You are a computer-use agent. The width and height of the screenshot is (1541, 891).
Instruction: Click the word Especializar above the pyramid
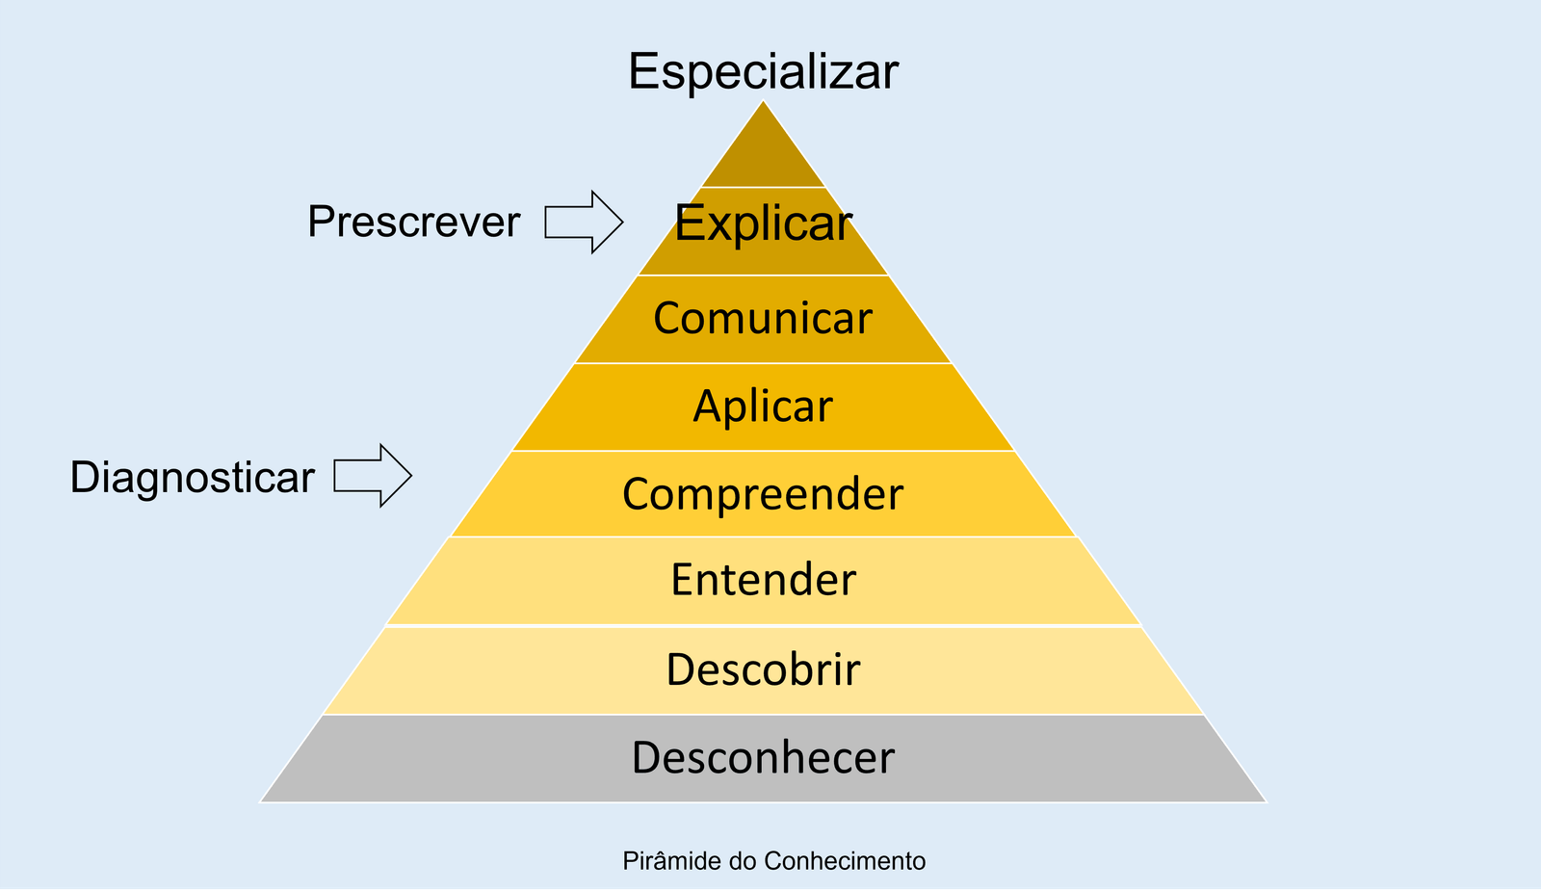pyautogui.click(x=763, y=71)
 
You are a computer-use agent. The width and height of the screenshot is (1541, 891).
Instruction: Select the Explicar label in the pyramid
pyautogui.click(x=763, y=223)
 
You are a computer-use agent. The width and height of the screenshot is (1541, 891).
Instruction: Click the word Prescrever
pyautogui.click(x=414, y=223)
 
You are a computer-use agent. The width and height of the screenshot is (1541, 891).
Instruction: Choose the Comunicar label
pyautogui.click(x=763, y=319)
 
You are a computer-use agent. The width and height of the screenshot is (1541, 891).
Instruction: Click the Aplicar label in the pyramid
pyautogui.click(x=763, y=406)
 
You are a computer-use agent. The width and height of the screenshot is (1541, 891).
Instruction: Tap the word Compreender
pyautogui.click(x=763, y=494)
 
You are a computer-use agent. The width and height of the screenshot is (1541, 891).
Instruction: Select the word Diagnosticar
pyautogui.click(x=193, y=478)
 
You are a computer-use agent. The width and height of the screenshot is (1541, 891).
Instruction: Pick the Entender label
pyautogui.click(x=763, y=580)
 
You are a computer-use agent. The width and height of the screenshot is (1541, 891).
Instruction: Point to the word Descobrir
pyautogui.click(x=763, y=669)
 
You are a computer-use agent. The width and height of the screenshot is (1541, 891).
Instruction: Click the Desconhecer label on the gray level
pyautogui.click(x=763, y=758)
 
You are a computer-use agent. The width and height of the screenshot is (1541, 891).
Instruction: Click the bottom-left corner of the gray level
pyautogui.click(x=263, y=800)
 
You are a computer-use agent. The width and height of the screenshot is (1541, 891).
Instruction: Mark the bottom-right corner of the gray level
pyautogui.click(x=1264, y=800)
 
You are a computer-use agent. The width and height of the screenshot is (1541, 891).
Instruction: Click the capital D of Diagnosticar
pyautogui.click(x=83, y=478)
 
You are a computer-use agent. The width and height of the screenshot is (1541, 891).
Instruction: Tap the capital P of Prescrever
pyautogui.click(x=319, y=223)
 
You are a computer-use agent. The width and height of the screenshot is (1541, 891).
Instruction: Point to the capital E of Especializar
pyautogui.click(x=643, y=71)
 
